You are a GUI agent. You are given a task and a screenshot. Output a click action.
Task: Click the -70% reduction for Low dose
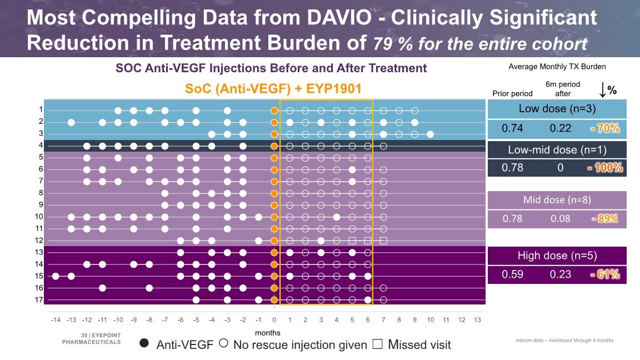[605, 128]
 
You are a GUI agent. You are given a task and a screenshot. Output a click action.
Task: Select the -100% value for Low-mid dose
[605, 167]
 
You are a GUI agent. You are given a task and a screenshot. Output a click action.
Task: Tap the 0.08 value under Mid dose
[560, 218]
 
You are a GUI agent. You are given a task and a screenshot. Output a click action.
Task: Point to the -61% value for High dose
[605, 274]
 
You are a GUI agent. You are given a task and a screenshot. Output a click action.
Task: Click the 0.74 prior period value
[512, 128]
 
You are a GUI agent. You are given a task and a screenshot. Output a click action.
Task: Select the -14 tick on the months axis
[56, 321]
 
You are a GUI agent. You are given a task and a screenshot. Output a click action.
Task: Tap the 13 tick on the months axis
[477, 321]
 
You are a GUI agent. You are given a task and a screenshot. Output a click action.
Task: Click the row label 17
[38, 300]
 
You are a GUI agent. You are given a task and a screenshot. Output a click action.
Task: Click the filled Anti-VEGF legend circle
[144, 343]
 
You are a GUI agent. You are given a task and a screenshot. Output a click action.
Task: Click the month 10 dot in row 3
[431, 134]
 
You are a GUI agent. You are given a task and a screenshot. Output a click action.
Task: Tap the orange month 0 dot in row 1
[274, 110]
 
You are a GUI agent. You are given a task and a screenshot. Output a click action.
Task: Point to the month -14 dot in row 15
[56, 276]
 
